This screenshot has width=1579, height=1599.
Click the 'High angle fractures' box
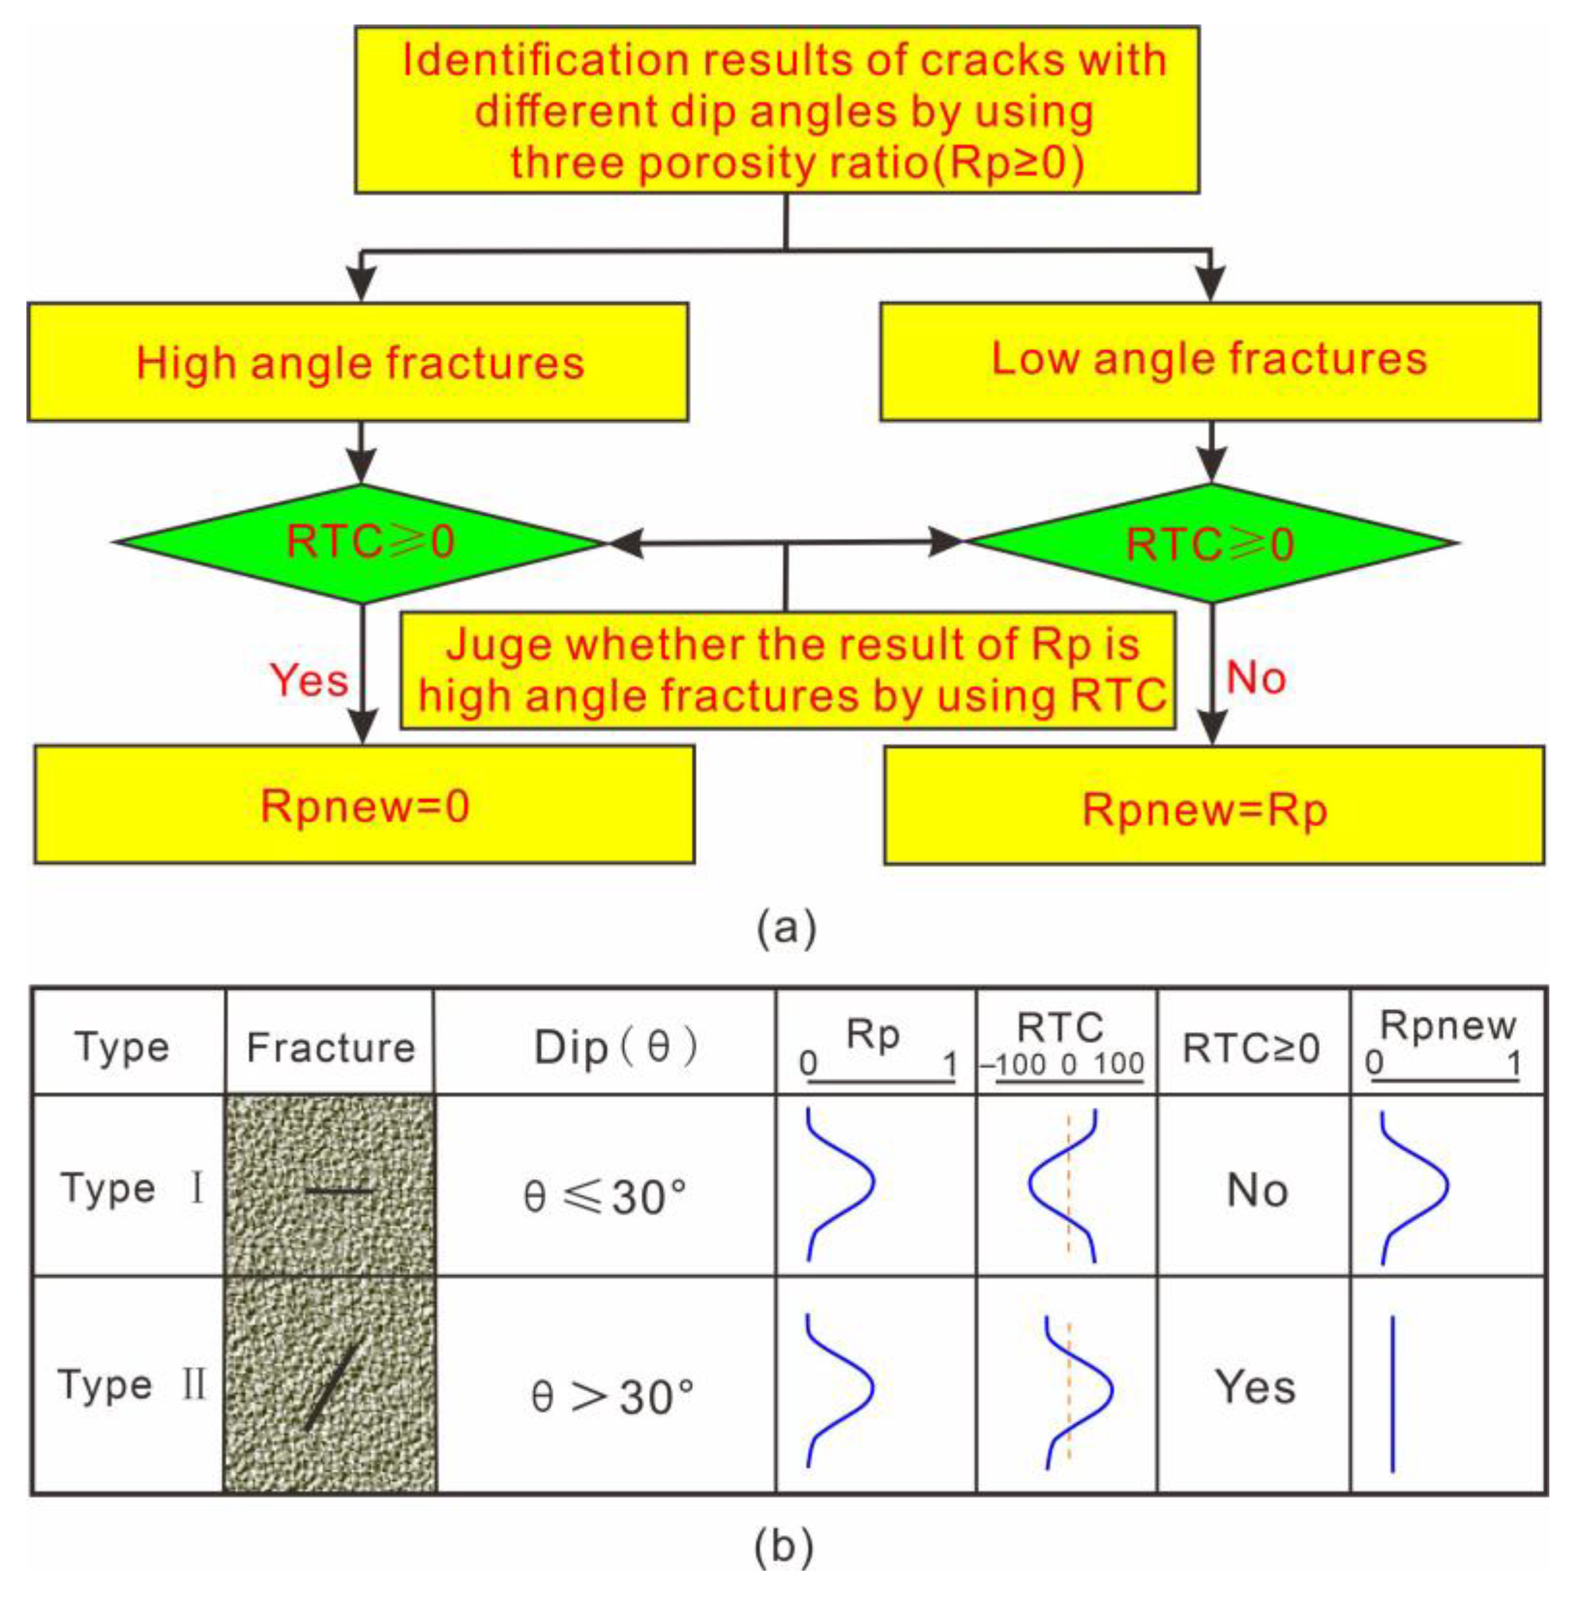(358, 363)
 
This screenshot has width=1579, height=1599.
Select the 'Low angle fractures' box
(1209, 361)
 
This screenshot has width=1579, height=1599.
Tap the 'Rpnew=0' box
(364, 805)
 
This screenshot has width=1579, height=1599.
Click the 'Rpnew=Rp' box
(1213, 807)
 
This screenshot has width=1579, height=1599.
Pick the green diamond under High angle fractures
(361, 543)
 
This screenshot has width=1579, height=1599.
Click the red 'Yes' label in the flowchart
(309, 680)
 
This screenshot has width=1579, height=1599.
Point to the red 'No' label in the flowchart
(1255, 678)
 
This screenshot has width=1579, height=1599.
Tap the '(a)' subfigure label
(786, 928)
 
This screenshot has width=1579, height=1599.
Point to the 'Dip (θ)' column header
(614, 1048)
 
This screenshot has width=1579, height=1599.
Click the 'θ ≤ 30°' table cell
(605, 1196)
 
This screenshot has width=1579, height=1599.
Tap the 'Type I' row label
(131, 1189)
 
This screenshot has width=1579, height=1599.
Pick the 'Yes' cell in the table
(1254, 1386)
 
